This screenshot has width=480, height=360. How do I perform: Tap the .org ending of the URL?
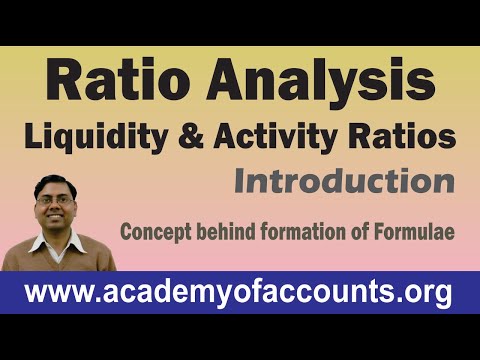pos(425,293)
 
